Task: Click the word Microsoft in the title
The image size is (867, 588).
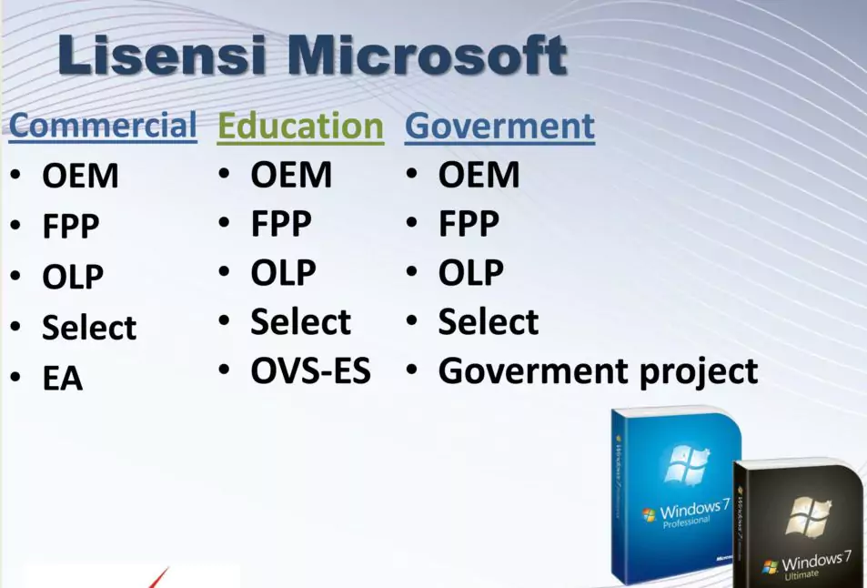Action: pyautogui.click(x=428, y=56)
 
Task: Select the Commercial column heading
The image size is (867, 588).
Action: pyautogui.click(x=103, y=126)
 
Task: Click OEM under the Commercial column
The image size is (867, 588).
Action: pyautogui.click(x=80, y=176)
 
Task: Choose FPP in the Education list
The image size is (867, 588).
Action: pyautogui.click(x=281, y=224)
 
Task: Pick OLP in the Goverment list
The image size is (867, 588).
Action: pyautogui.click(x=470, y=273)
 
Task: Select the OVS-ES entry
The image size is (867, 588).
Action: pyautogui.click(x=310, y=371)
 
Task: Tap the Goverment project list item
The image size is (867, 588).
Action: pyautogui.click(x=598, y=371)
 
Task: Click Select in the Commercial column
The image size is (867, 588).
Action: pyautogui.click(x=89, y=328)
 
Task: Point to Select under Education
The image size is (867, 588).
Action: pyautogui.click(x=300, y=322)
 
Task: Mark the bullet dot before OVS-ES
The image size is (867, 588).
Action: pyautogui.click(x=225, y=370)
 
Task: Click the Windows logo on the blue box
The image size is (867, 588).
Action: pyautogui.click(x=686, y=464)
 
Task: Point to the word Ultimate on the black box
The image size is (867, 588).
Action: pyautogui.click(x=802, y=574)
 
